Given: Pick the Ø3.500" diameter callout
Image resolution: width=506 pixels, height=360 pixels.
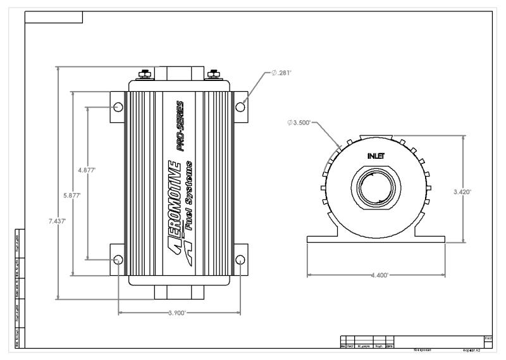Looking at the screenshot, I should tap(299, 123).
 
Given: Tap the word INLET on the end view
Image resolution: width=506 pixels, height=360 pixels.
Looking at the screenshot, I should tap(376, 155).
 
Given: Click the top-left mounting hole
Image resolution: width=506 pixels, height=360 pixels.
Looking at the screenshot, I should tap(118, 106).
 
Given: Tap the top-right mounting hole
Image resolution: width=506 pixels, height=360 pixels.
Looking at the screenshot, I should tap(240, 106).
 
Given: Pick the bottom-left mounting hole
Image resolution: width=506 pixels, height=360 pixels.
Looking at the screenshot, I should tap(118, 260).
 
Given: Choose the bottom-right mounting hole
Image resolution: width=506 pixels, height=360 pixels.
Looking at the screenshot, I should tap(240, 260).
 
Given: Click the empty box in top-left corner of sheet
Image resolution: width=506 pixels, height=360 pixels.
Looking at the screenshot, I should tap(54, 16).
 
